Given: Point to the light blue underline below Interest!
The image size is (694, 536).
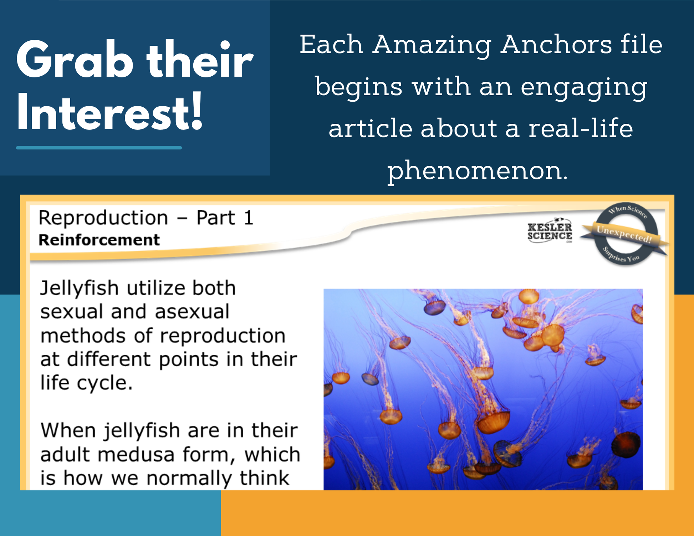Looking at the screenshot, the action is [x=99, y=147].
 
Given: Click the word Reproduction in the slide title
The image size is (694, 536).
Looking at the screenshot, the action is [x=103, y=218].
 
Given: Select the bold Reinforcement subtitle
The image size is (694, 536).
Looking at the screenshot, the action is [x=99, y=240].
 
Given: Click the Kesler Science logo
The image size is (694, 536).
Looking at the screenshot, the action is [x=550, y=231].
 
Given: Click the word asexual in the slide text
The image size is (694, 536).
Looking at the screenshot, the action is [x=192, y=311].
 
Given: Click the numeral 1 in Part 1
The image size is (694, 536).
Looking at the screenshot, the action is [x=248, y=218].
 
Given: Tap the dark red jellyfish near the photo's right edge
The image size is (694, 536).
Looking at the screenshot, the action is [x=626, y=444].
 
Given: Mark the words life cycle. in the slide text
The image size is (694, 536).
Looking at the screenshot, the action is [x=86, y=383].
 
